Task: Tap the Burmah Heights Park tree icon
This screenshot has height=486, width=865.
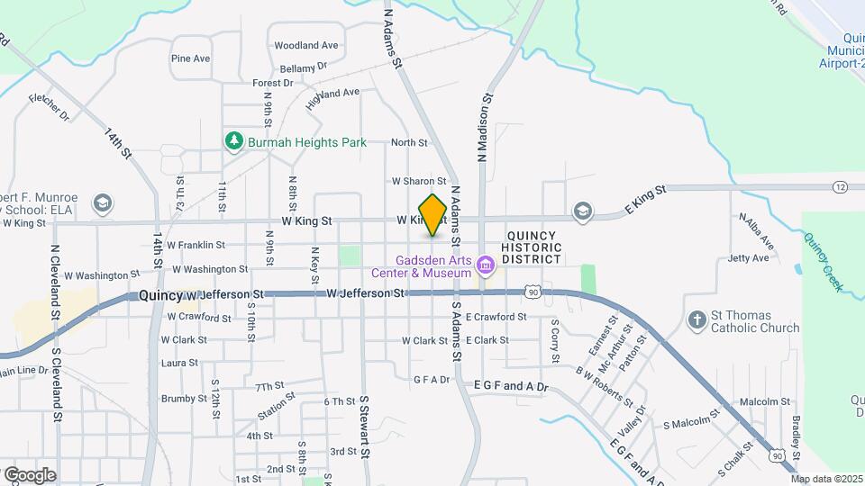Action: click(234, 141)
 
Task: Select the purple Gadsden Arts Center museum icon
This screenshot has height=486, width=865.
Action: click(486, 265)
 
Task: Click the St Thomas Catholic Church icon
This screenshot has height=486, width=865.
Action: click(697, 319)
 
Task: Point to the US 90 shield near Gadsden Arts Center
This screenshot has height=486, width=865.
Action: click(534, 292)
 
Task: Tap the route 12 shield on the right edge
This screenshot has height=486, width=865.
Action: click(840, 186)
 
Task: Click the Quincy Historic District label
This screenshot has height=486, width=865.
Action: click(531, 247)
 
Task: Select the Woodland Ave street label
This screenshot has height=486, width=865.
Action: click(306, 45)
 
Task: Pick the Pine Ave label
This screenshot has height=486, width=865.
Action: click(190, 58)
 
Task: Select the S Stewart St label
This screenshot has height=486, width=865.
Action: click(365, 427)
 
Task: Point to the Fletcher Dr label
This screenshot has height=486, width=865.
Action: click(49, 106)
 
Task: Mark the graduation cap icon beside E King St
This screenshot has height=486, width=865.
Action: click(582, 211)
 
